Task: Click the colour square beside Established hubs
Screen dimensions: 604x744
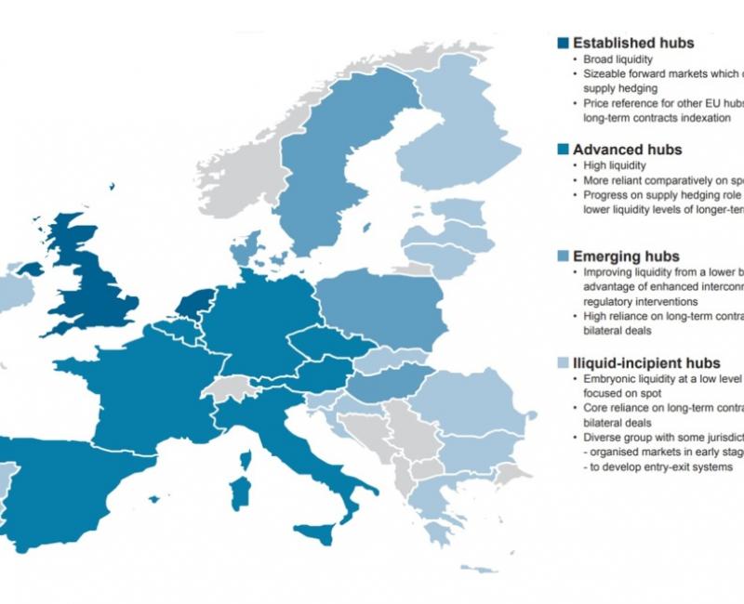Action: point(563,43)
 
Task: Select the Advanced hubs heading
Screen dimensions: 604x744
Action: point(627,150)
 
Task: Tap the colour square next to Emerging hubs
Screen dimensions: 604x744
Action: point(563,256)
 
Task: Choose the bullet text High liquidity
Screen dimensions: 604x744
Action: point(615,165)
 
